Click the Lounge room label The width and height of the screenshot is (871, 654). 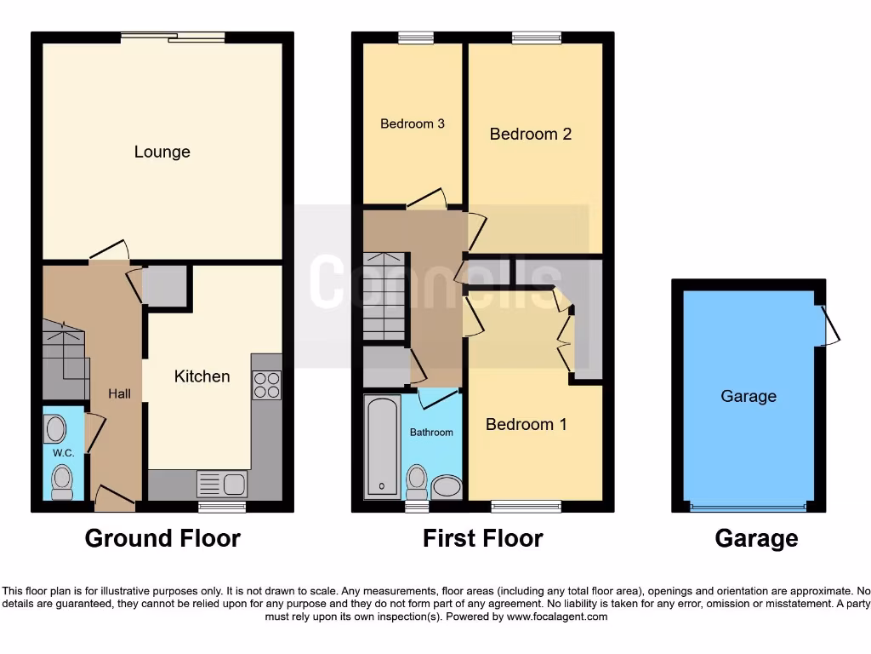pyautogui.click(x=162, y=152)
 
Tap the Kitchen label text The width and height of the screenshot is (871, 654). pyautogui.click(x=202, y=376)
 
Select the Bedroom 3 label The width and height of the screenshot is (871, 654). pyautogui.click(x=413, y=124)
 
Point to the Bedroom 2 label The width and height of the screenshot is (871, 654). pyautogui.click(x=530, y=135)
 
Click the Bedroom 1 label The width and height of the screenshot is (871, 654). pyautogui.click(x=526, y=424)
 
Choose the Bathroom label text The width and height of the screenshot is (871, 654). pyautogui.click(x=431, y=433)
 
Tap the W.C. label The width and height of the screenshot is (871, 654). pyautogui.click(x=64, y=453)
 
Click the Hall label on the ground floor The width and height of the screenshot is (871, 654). pyautogui.click(x=119, y=393)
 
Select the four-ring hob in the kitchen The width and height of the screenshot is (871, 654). pyautogui.click(x=266, y=385)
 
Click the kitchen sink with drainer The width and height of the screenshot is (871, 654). pyautogui.click(x=221, y=484)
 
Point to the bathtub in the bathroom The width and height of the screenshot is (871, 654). pyautogui.click(x=382, y=446)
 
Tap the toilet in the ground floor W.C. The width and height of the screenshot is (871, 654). pyautogui.click(x=62, y=482)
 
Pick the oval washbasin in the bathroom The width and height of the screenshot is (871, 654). pyautogui.click(x=447, y=487)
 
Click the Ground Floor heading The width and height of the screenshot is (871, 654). pyautogui.click(x=162, y=538)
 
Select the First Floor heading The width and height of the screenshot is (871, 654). pyautogui.click(x=482, y=538)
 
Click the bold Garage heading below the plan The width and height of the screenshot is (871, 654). pyautogui.click(x=756, y=538)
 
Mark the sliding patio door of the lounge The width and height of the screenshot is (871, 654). pyautogui.click(x=173, y=37)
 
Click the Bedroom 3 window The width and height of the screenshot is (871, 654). pyautogui.click(x=415, y=37)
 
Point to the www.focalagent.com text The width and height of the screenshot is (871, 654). pyautogui.click(x=556, y=617)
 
